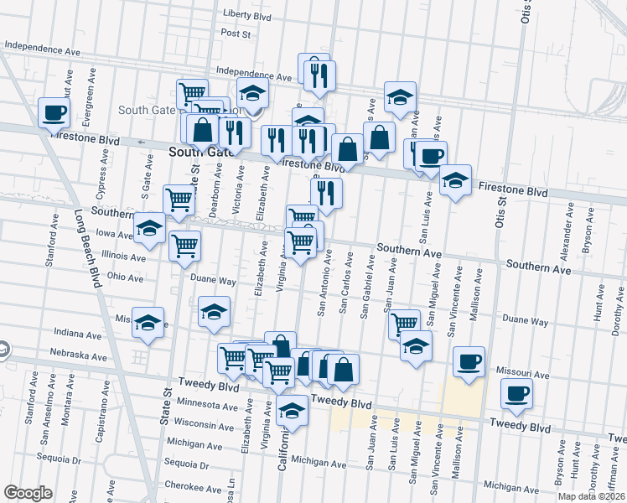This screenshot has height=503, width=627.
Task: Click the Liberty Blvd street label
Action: click(x=247, y=14)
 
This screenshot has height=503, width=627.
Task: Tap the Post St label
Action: click(x=236, y=34)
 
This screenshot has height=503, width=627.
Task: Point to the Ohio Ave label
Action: click(x=126, y=277)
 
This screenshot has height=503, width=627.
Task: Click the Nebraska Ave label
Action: click(x=78, y=356)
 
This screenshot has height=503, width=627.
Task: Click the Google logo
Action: click(x=28, y=493)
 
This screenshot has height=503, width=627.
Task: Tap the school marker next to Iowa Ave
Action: click(x=149, y=228)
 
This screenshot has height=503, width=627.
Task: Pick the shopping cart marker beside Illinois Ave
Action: click(x=184, y=246)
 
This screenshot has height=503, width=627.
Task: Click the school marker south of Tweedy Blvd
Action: click(x=292, y=412)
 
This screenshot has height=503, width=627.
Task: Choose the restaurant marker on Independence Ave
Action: click(x=319, y=75)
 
